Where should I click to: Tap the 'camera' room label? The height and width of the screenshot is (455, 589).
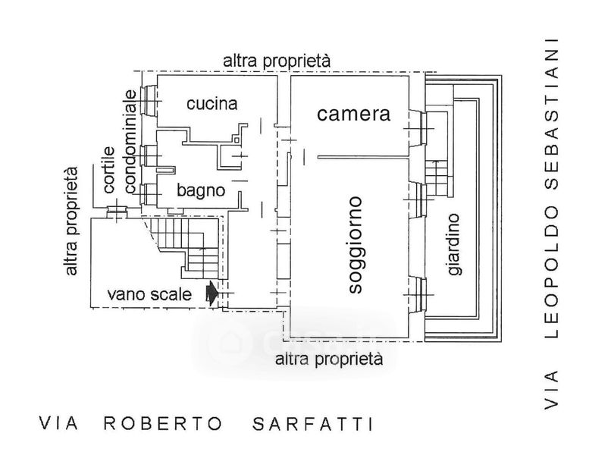tap(353, 115)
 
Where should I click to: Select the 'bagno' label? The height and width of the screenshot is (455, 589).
tap(201, 190)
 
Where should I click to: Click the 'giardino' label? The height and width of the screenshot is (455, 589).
tap(453, 244)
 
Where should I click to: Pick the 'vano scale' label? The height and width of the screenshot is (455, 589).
tap(149, 293)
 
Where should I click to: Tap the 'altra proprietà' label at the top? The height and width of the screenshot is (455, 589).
tap(277, 61)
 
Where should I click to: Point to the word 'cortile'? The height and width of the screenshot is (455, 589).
tap(109, 171)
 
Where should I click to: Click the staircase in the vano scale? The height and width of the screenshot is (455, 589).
tap(193, 250)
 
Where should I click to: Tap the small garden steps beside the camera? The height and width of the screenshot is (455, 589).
tap(437, 178)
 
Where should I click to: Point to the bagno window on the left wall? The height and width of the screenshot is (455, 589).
tap(150, 194)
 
